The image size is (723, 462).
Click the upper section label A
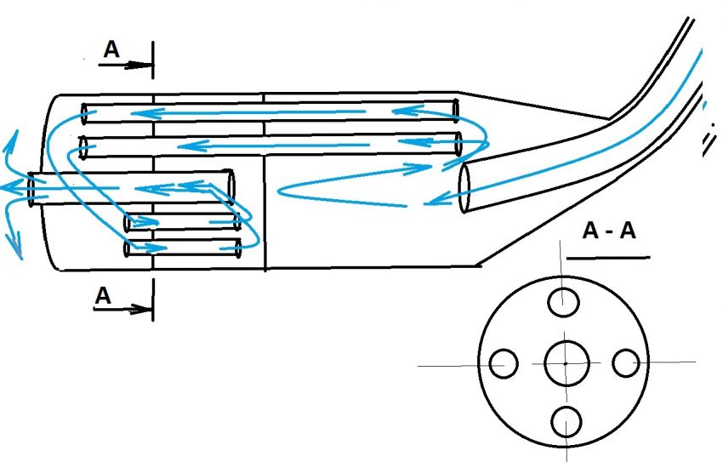click(112, 51)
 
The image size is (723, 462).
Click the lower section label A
click(103, 295)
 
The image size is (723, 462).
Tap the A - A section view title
click(608, 231)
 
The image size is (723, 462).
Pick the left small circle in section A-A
click(504, 364)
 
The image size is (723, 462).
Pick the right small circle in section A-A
click(626, 363)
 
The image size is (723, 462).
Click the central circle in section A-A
click(565, 363)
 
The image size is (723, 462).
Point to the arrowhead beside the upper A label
click(139, 63)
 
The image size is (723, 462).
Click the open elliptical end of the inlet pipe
click(465, 188)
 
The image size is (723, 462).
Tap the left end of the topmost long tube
click(85, 112)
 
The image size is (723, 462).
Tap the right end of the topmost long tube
click(456, 111)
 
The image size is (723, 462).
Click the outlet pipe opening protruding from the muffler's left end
click(32, 189)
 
